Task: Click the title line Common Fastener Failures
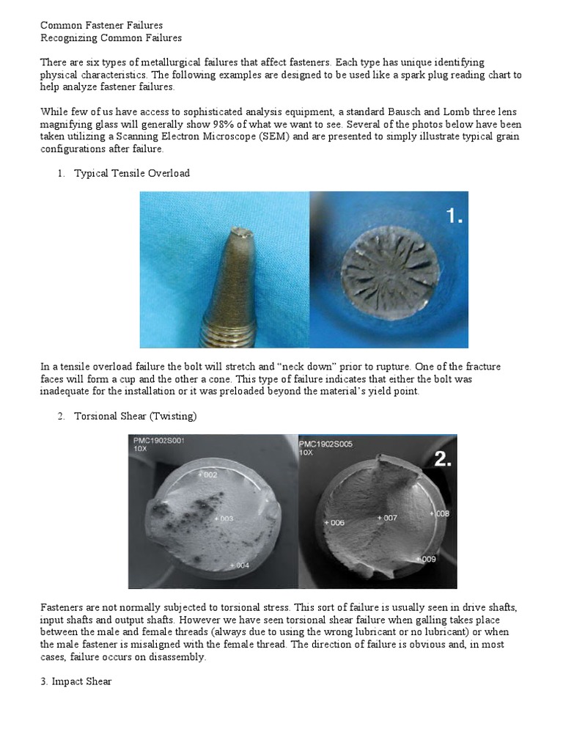click(x=101, y=25)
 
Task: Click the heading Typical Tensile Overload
click(x=131, y=174)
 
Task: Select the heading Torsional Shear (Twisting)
click(x=136, y=416)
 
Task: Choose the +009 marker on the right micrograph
click(x=425, y=559)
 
